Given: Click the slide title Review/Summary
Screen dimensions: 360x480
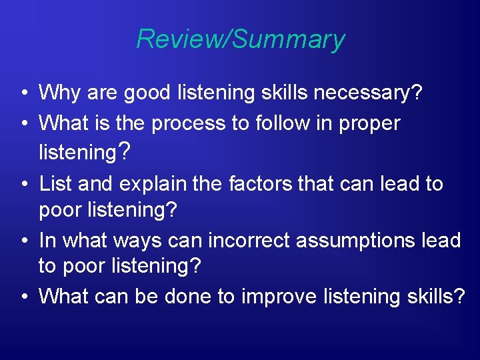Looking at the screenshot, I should click(240, 39).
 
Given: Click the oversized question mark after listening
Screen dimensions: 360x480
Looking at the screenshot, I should click(125, 152).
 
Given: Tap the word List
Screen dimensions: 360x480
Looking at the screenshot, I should click(54, 183).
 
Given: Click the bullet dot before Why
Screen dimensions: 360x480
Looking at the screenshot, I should click(23, 93).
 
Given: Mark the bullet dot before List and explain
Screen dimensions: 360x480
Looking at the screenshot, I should click(23, 184).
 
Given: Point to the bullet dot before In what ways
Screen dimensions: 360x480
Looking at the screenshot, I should click(23, 241).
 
